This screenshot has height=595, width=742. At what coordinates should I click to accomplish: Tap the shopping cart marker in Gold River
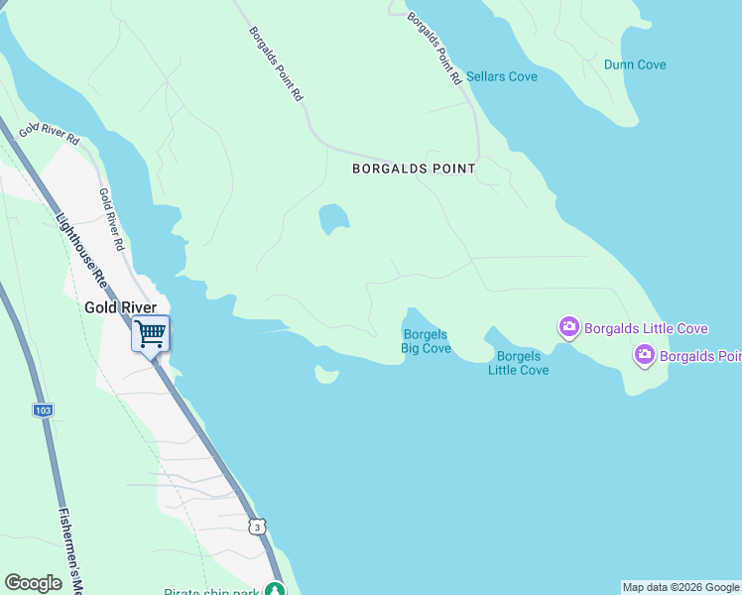[150, 333]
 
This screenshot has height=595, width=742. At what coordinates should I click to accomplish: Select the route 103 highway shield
[42, 409]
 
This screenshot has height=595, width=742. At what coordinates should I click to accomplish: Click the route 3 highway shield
[257, 527]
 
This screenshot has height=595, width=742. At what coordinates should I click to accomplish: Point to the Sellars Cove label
[502, 76]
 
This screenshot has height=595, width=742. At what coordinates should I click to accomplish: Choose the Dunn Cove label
[635, 65]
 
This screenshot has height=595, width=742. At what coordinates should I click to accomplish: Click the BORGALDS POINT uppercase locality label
[414, 169]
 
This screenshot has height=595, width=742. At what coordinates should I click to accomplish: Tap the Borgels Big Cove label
[426, 341]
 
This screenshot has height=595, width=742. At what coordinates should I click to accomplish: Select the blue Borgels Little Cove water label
[518, 363]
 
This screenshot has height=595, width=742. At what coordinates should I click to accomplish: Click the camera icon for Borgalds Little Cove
[569, 326]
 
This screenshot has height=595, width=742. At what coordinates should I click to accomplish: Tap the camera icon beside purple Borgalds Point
[645, 354]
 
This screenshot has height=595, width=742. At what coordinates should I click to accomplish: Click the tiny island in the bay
[325, 374]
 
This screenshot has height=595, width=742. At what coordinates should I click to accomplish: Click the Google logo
[33, 583]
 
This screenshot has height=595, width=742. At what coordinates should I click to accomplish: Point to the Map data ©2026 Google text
[680, 587]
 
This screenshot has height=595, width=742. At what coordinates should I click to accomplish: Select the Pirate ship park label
[210, 592]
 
